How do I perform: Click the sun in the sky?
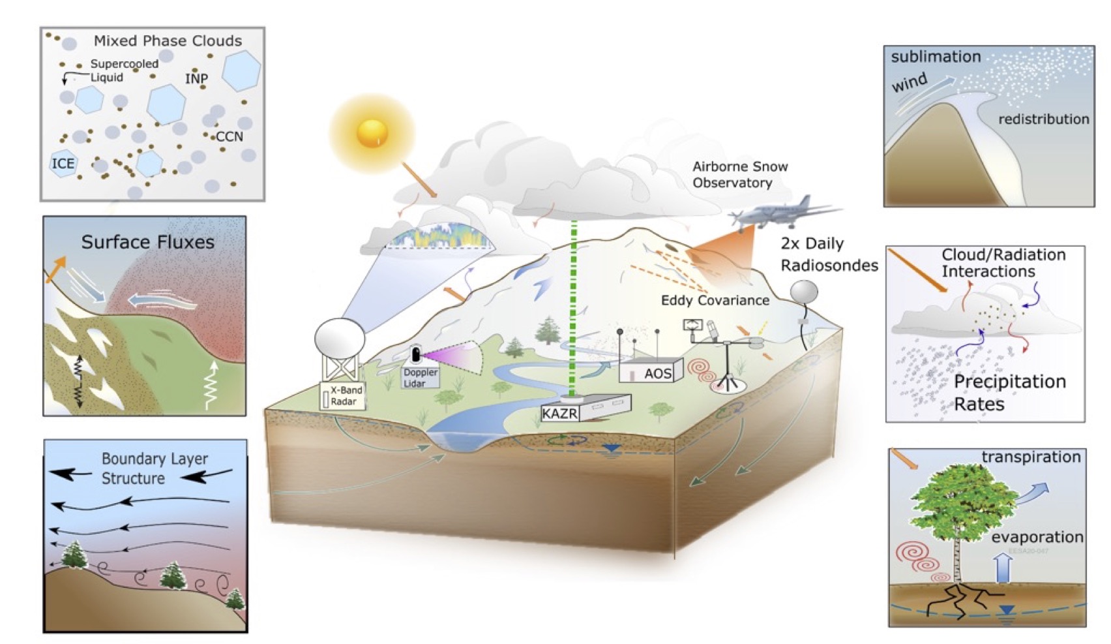tap(372, 133)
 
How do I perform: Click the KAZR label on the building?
tap(560, 413)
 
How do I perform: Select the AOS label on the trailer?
tap(657, 374)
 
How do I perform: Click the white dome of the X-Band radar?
tap(340, 338)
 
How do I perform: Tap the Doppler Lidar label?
tap(420, 378)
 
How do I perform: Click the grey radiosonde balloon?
tap(804, 292)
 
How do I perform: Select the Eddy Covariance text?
tap(715, 300)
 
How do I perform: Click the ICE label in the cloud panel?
tap(63, 163)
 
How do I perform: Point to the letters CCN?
tap(229, 136)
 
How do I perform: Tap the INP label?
tap(196, 79)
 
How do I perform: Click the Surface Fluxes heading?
tap(147, 242)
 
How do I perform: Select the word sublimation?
tap(936, 57)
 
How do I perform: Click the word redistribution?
tap(1043, 119)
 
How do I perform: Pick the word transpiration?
tap(1031, 457)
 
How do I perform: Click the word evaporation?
tap(1037, 537)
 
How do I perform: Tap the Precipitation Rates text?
tap(1009, 392)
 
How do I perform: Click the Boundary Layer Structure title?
tap(155, 468)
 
